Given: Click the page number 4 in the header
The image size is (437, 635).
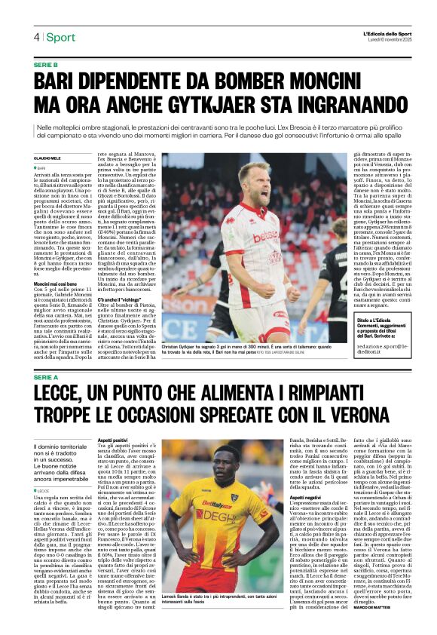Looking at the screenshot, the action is [35, 38].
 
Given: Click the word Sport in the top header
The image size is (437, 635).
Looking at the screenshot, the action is [61, 38].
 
